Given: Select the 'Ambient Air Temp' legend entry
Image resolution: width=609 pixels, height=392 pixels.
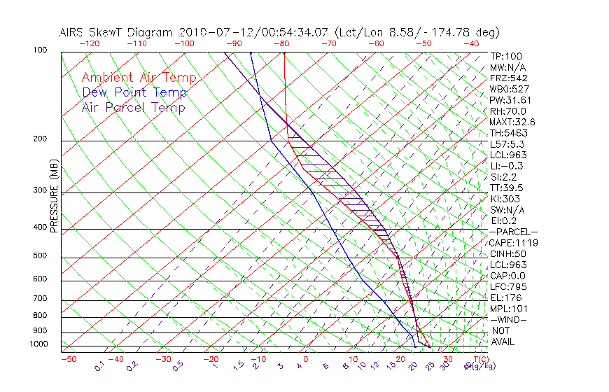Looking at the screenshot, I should coord(139,78).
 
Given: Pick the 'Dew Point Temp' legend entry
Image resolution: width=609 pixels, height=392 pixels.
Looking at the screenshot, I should coord(134,92).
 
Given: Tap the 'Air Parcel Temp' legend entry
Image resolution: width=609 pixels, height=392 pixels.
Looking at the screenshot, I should coord(133,107).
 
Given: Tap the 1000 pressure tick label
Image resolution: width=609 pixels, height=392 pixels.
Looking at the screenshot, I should coord(38,344).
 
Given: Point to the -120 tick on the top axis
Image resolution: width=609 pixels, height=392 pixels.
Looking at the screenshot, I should coord(89,43).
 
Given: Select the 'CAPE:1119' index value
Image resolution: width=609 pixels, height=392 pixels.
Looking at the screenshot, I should coord(512,243).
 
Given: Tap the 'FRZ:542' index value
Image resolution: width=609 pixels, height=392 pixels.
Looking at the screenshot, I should coord(509,78).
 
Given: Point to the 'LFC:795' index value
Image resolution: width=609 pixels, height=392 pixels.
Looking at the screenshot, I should coord(507,287).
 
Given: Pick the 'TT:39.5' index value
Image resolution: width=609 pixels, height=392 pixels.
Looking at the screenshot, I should coord(507,188).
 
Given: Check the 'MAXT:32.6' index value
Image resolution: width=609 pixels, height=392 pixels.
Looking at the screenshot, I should coord(513,122).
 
